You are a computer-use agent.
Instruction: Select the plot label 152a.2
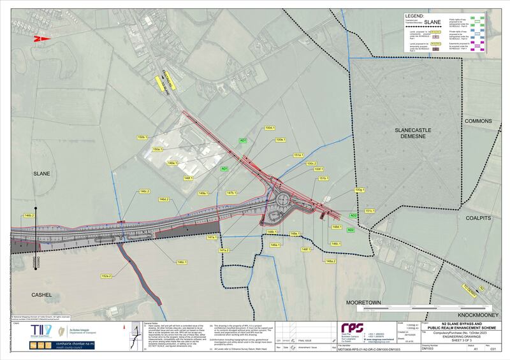click(106, 276)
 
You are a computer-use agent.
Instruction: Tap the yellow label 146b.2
click(29, 216)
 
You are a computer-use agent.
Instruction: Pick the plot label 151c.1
click(369, 211)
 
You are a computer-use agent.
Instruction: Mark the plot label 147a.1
click(212, 238)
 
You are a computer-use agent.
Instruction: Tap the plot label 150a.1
click(158, 150)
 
